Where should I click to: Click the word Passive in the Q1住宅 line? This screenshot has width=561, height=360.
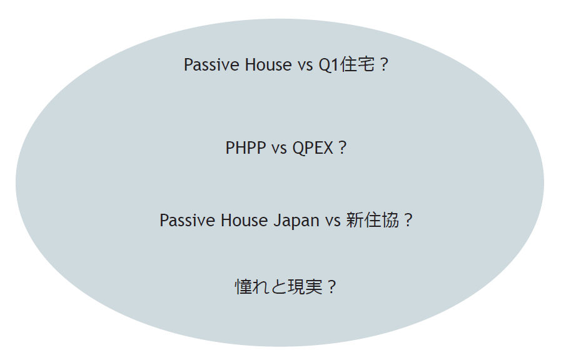(212, 65)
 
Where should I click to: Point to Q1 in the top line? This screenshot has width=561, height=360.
(328, 66)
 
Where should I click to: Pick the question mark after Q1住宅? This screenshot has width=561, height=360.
(384, 65)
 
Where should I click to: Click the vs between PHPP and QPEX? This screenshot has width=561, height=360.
(279, 149)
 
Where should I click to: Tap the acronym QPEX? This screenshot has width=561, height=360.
(313, 148)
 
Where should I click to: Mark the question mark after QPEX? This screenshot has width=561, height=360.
(342, 147)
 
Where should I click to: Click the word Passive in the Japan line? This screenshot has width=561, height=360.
(188, 220)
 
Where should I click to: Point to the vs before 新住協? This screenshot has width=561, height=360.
(333, 222)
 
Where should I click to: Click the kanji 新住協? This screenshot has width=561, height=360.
(373, 220)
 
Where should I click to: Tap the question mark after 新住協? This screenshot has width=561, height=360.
(408, 220)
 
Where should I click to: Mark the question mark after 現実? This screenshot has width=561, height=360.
(331, 287)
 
